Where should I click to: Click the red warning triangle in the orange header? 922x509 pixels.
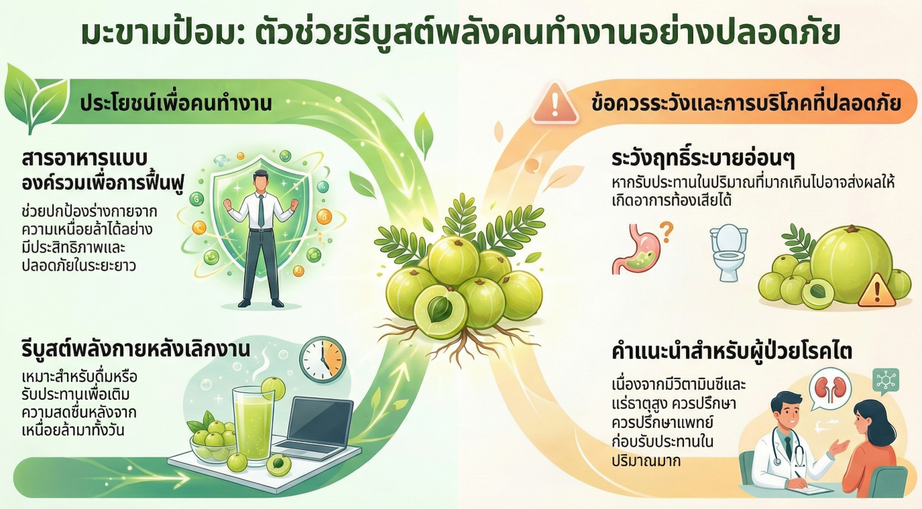[555, 105]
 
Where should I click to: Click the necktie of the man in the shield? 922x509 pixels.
[259, 210]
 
